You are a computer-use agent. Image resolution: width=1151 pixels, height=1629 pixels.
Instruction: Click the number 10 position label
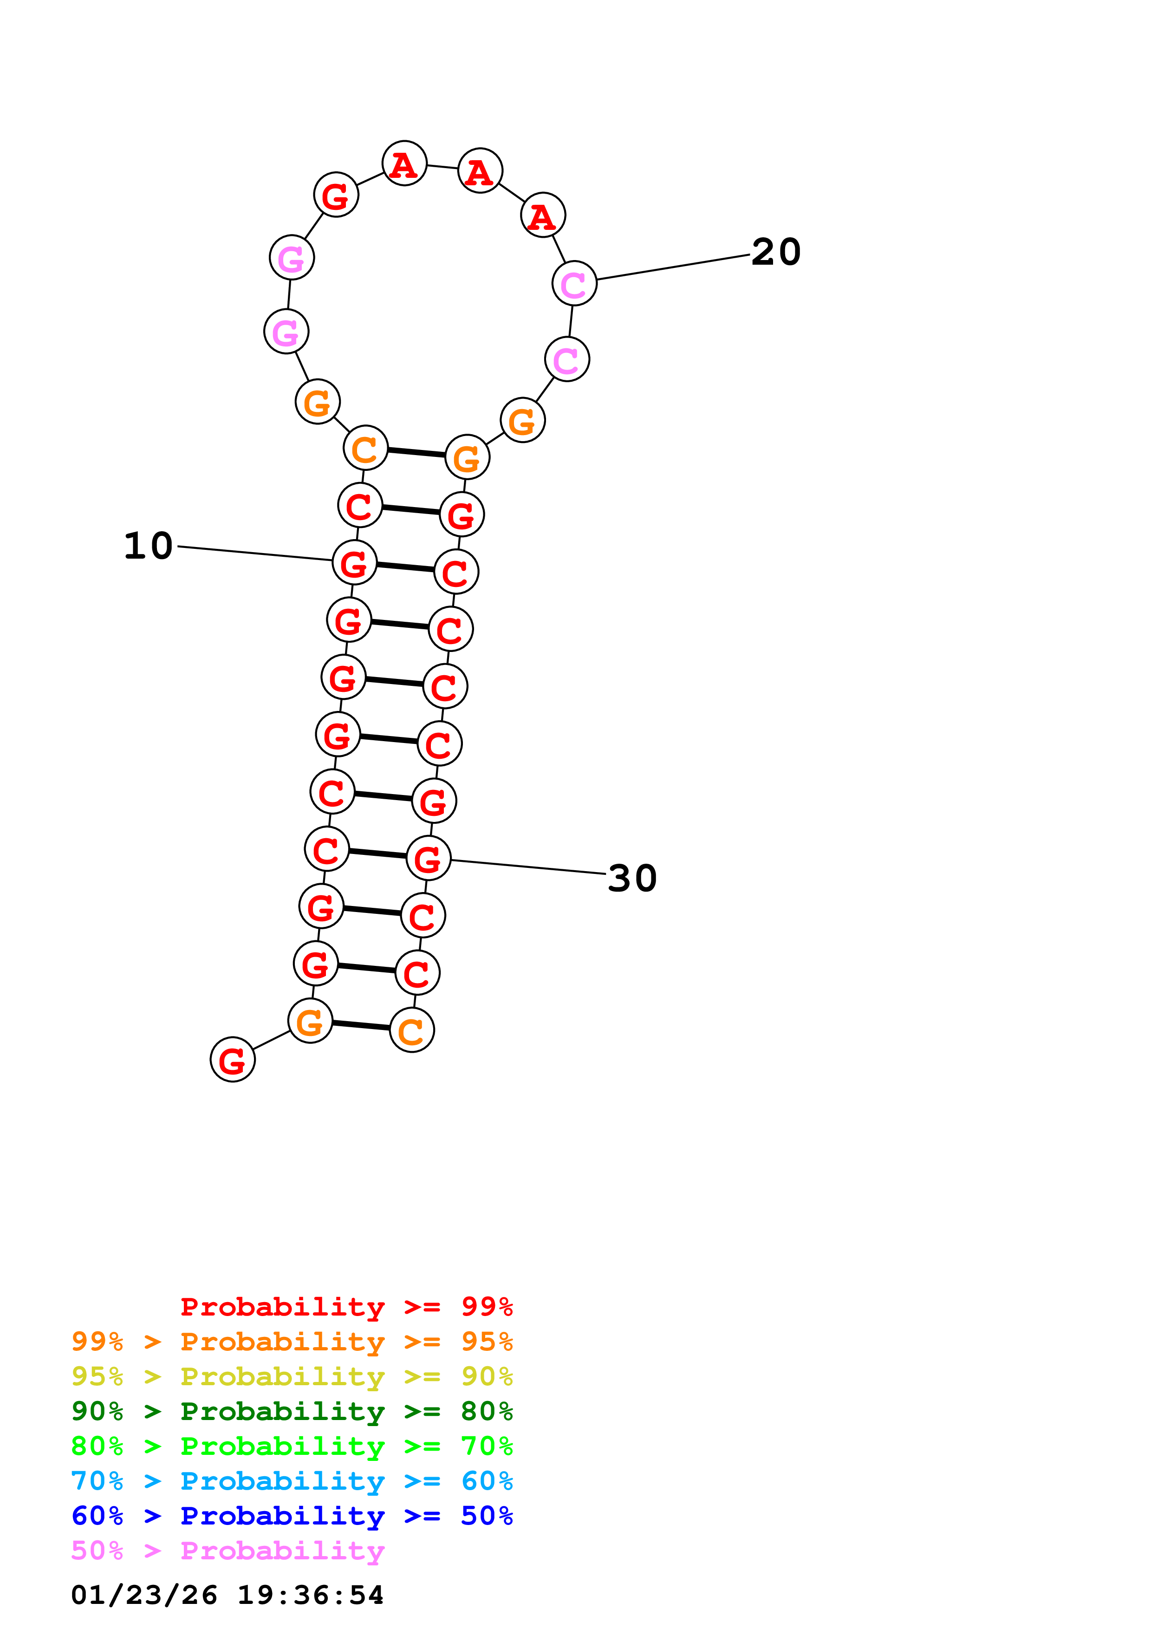[148, 546]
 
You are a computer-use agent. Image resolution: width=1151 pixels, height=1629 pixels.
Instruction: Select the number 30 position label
[632, 879]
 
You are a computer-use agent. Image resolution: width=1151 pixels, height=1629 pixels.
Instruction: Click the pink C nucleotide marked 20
[574, 283]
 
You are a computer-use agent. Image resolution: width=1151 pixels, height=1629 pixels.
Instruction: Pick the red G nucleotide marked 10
[354, 563]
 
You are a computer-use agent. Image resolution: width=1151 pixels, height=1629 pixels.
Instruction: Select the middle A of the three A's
[480, 171]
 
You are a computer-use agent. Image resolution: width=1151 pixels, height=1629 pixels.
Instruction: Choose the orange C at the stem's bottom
[412, 1030]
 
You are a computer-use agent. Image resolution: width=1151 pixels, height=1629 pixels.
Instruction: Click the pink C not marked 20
[566, 360]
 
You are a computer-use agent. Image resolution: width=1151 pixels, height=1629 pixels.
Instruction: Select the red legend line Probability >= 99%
[346, 1306]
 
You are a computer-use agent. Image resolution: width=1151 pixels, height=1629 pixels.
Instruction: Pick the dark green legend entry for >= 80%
[292, 1411]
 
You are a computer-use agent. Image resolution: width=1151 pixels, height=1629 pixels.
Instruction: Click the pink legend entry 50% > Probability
[228, 1551]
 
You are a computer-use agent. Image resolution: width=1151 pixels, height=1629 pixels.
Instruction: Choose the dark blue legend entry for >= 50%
[292, 1516]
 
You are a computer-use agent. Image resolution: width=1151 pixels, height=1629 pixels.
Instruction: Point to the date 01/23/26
[144, 1596]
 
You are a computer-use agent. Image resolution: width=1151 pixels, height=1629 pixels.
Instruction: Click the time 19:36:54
[310, 1596]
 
